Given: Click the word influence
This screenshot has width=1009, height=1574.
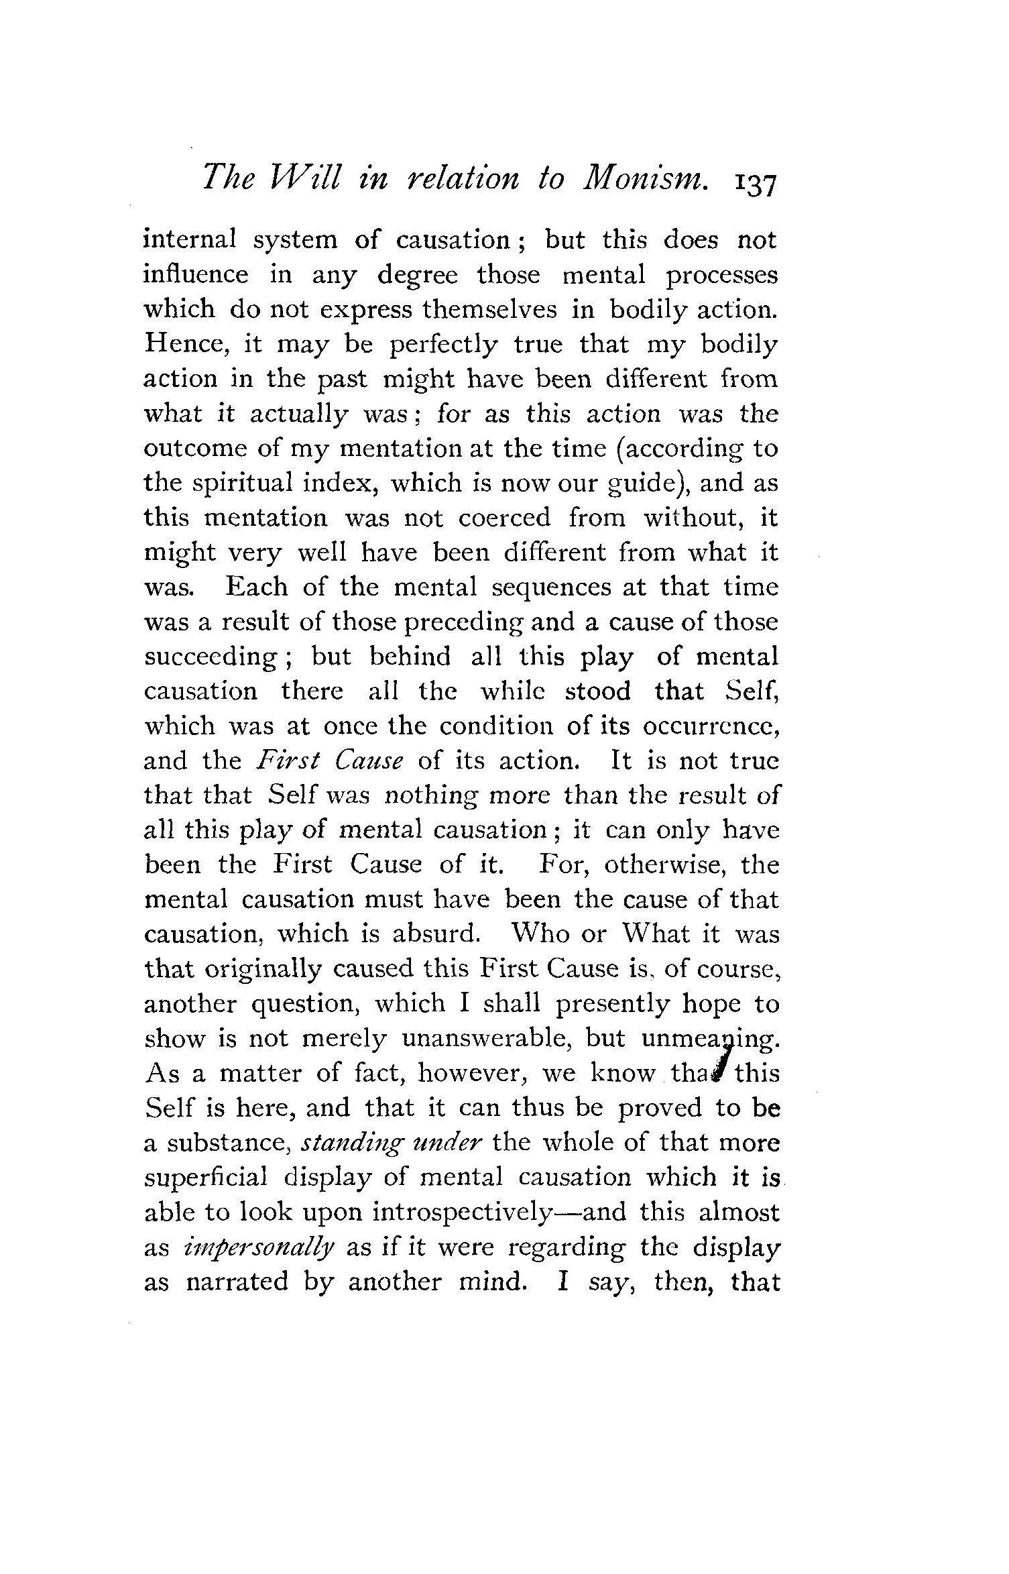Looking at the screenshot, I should (x=196, y=275).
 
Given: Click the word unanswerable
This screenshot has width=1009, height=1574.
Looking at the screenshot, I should (x=485, y=1039).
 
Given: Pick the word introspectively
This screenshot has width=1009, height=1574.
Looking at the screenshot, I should (x=462, y=1213).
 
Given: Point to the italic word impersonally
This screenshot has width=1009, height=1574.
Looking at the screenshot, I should (x=258, y=1248).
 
